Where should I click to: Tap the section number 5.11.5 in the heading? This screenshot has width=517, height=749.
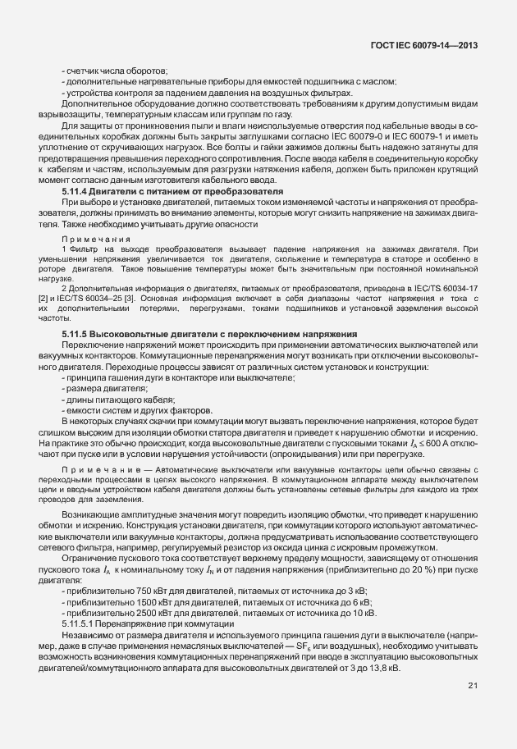point(78,334)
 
